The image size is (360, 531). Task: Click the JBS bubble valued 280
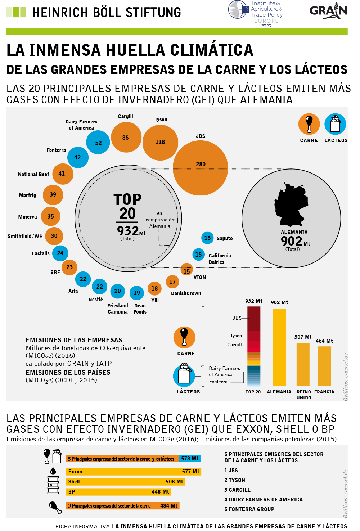tap(201, 168)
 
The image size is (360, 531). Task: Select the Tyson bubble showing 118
tap(160, 142)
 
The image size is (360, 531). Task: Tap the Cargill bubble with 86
tap(126, 138)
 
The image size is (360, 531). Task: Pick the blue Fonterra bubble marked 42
tap(78, 157)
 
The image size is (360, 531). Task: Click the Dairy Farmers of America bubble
tap(98, 143)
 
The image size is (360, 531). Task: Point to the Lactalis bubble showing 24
tap(60, 253)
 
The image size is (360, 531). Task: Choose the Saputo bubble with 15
tap(207, 238)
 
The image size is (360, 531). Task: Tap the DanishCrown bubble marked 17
tap(172, 282)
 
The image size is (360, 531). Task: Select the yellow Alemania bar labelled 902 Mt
tap(279, 347)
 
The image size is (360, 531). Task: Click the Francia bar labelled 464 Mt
tap(324, 366)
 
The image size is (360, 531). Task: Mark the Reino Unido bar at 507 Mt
tap(303, 364)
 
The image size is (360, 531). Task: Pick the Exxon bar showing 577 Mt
tap(133, 472)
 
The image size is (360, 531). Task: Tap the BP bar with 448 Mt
tap(118, 492)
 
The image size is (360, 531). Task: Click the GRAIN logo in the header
tap(328, 11)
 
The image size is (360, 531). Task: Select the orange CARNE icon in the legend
tap(309, 124)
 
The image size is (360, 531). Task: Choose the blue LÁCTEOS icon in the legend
tap(335, 124)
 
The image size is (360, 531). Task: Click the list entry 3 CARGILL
tap(237, 490)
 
